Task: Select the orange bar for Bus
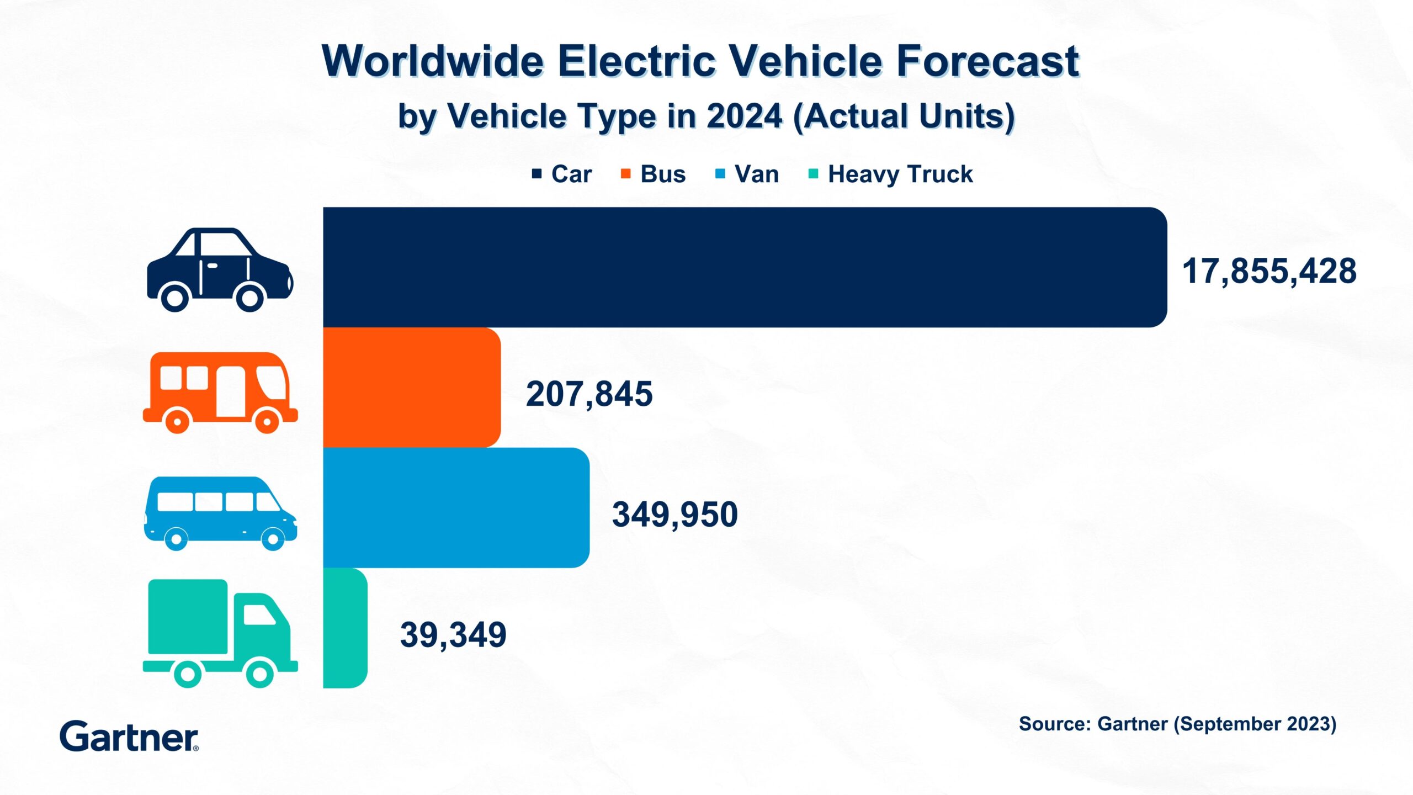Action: tap(412, 388)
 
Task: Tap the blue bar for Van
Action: tap(456, 507)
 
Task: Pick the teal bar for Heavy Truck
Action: tap(345, 628)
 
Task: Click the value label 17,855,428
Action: tap(1269, 272)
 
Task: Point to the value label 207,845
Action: tap(589, 394)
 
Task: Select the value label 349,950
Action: tap(674, 515)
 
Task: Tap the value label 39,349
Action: tap(453, 635)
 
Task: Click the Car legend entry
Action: tap(562, 174)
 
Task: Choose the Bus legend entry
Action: tap(654, 174)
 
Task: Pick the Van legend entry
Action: tap(747, 174)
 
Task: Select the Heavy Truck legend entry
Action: tap(891, 174)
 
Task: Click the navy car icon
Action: tap(220, 270)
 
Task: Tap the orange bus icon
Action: tap(220, 393)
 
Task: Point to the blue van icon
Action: tap(220, 513)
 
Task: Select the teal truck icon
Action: tap(220, 633)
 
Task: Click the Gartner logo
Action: tap(129, 736)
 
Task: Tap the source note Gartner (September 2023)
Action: tap(1177, 724)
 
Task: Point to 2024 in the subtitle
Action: tap(744, 116)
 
